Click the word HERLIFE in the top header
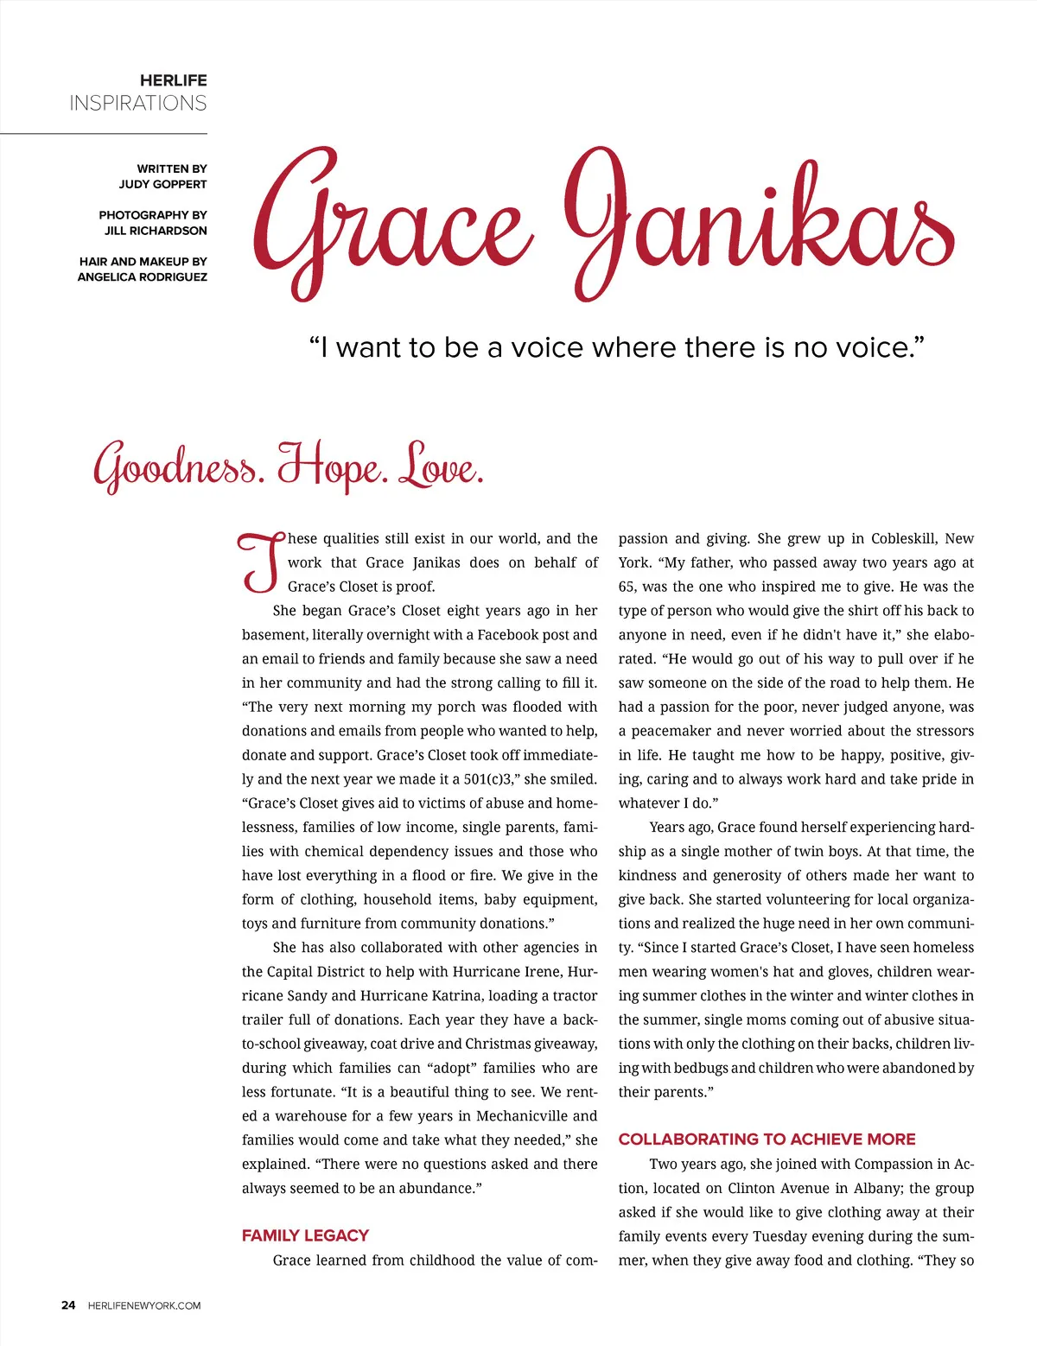coord(173,80)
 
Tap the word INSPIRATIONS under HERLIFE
coord(138,104)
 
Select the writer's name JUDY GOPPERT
coord(162,184)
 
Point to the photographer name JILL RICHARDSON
coord(156,231)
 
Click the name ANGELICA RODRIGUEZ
coord(143,277)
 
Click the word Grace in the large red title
coord(389,225)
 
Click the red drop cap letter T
coord(261,562)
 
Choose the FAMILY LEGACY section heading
coord(305,1235)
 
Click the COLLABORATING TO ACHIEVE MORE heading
coord(767,1140)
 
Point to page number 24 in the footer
coord(68,1305)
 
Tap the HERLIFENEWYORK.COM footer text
coord(144,1305)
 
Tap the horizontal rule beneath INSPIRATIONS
coord(104,134)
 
